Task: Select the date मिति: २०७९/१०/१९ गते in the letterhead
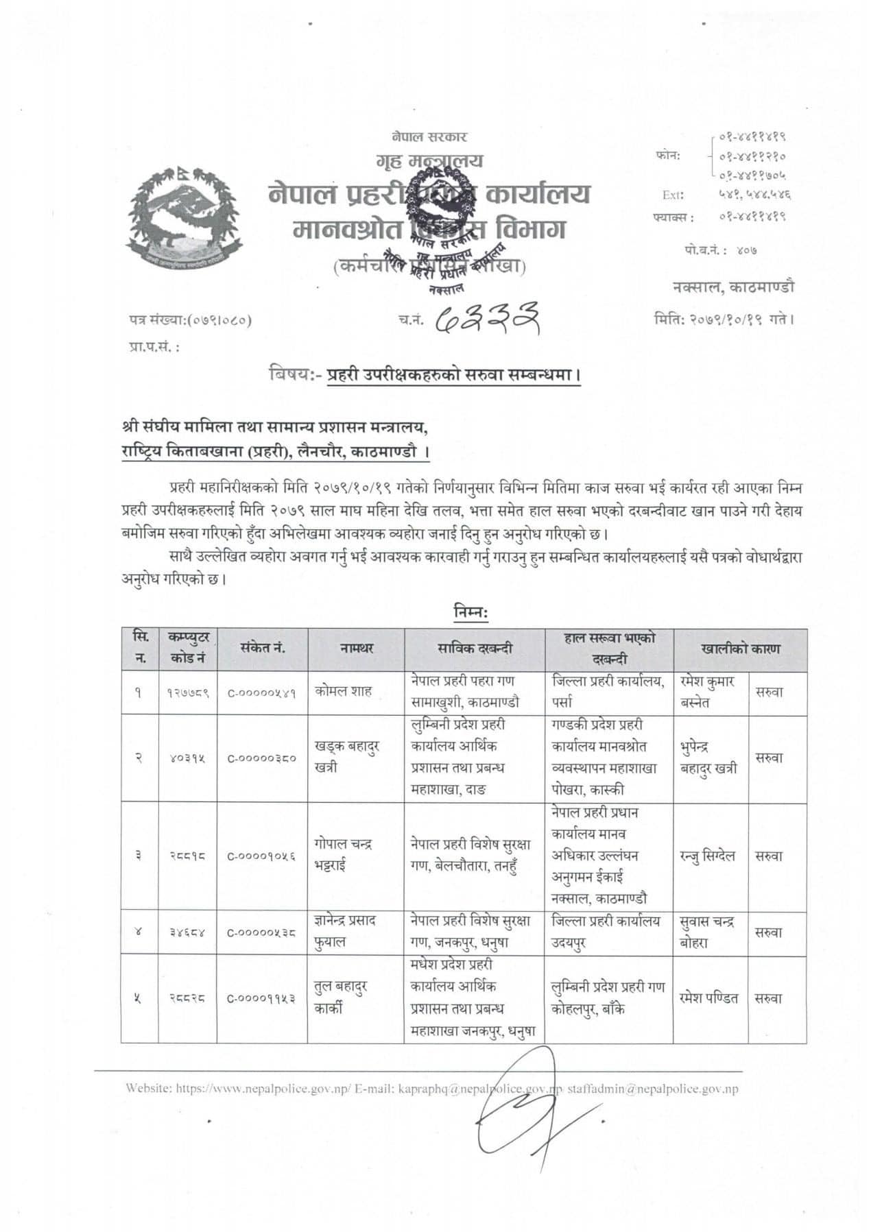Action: coord(724,319)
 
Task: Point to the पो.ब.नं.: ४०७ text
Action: coord(720,250)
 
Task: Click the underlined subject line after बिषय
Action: coord(453,376)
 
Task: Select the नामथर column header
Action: coord(357,649)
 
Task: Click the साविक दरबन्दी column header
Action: coord(475,649)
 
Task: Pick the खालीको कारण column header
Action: coord(740,649)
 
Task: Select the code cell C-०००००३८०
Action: coord(262,758)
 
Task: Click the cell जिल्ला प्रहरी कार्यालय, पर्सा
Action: coord(608,692)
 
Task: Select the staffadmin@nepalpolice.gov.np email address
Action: coord(653,1089)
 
